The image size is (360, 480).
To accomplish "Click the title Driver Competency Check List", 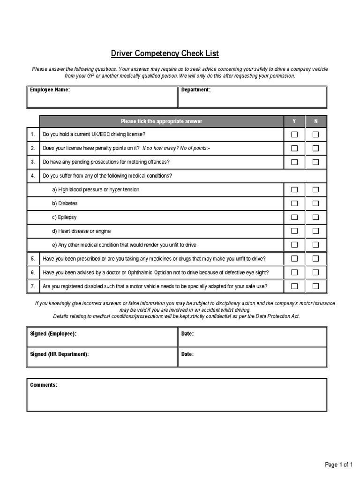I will coord(165,53).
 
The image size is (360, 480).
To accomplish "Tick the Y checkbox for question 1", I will coord(294,135).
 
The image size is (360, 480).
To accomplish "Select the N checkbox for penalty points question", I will coord(315,148).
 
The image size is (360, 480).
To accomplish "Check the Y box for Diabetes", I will coord(294,203).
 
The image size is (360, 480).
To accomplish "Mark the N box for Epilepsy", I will coord(315,217).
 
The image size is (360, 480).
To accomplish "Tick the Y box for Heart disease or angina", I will coord(294,231).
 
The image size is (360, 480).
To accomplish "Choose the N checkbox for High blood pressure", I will coord(315,190).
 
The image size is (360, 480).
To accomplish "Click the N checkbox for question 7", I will coord(315,286).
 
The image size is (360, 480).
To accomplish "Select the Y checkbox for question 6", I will coord(294,272).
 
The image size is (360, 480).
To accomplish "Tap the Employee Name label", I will coord(50,90).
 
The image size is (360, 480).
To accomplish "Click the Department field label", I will coord(196,90).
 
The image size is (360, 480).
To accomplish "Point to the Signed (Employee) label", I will coord(53,334).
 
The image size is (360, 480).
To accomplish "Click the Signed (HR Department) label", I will coord(59,354).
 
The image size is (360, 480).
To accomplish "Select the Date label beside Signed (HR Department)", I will coord(187,354).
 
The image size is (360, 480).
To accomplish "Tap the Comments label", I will coord(44,385).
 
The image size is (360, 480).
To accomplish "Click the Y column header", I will coord(294,121).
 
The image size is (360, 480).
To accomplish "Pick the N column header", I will coord(315,121).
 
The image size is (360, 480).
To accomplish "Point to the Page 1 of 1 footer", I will coord(339,465).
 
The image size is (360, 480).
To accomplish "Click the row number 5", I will coord(33,259).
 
